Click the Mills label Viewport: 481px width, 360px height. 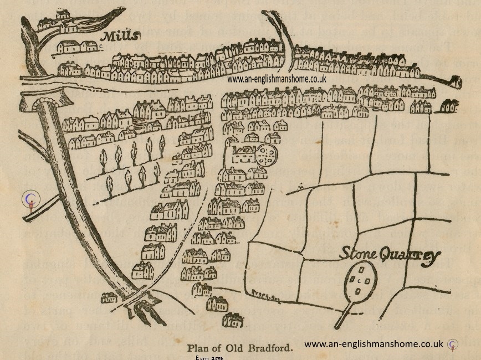(120, 37)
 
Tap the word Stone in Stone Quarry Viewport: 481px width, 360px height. (358, 254)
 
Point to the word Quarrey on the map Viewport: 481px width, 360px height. (410, 256)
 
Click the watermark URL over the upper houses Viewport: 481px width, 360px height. (277, 79)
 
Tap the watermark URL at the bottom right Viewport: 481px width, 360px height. (374, 344)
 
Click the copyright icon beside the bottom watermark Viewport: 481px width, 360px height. (453, 344)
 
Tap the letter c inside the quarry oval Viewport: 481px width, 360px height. (359, 281)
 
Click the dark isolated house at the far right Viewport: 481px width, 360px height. (448, 106)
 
